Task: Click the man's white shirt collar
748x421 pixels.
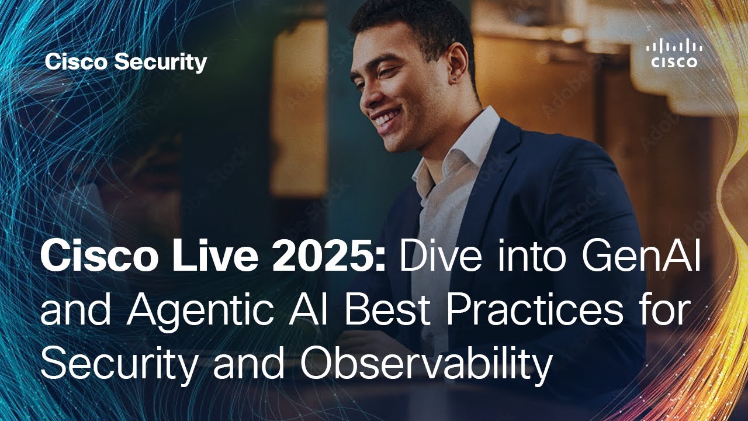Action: (467, 140)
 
